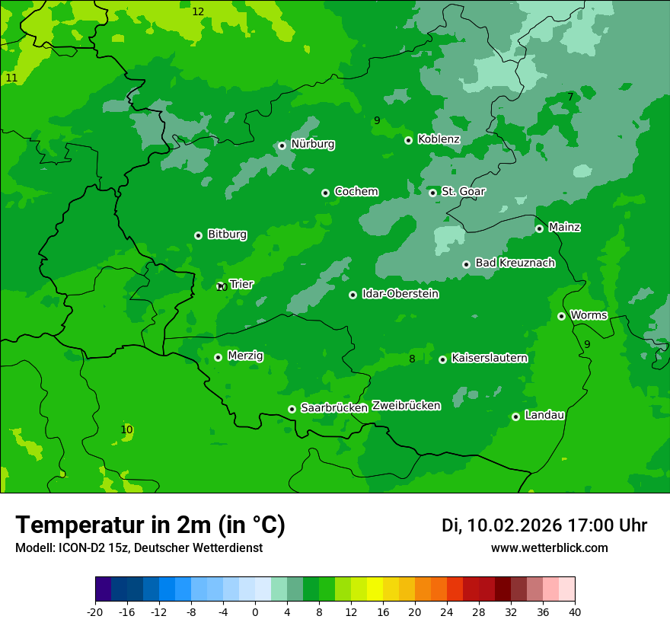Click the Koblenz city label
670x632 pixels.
pyautogui.click(x=439, y=139)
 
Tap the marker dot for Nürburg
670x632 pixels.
pyautogui.click(x=282, y=145)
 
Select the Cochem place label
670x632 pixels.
pyautogui.click(x=356, y=192)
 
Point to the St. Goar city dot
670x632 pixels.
pyautogui.click(x=432, y=193)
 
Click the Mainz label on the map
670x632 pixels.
pyautogui.click(x=564, y=227)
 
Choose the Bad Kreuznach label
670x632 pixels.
pyautogui.click(x=515, y=263)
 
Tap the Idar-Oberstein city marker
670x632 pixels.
pyautogui.click(x=353, y=295)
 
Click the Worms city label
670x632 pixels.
pyautogui.click(x=589, y=315)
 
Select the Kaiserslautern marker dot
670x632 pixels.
pyautogui.click(x=442, y=359)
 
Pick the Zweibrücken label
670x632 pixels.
pyautogui.click(x=406, y=406)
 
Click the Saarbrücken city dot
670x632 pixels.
pyautogui.click(x=292, y=409)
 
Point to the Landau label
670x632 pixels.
pyautogui.click(x=544, y=415)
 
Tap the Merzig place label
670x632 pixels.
pyautogui.click(x=245, y=356)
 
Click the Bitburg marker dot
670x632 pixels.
pyautogui.click(x=198, y=235)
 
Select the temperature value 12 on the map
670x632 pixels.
pyautogui.click(x=198, y=11)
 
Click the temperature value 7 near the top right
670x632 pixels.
pyautogui.click(x=570, y=97)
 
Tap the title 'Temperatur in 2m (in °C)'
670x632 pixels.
pyautogui.click(x=150, y=525)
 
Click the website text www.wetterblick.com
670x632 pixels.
pyautogui.click(x=549, y=548)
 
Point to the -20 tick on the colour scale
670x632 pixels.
pyautogui.click(x=95, y=611)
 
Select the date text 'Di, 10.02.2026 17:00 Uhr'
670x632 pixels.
pyautogui.click(x=544, y=525)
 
